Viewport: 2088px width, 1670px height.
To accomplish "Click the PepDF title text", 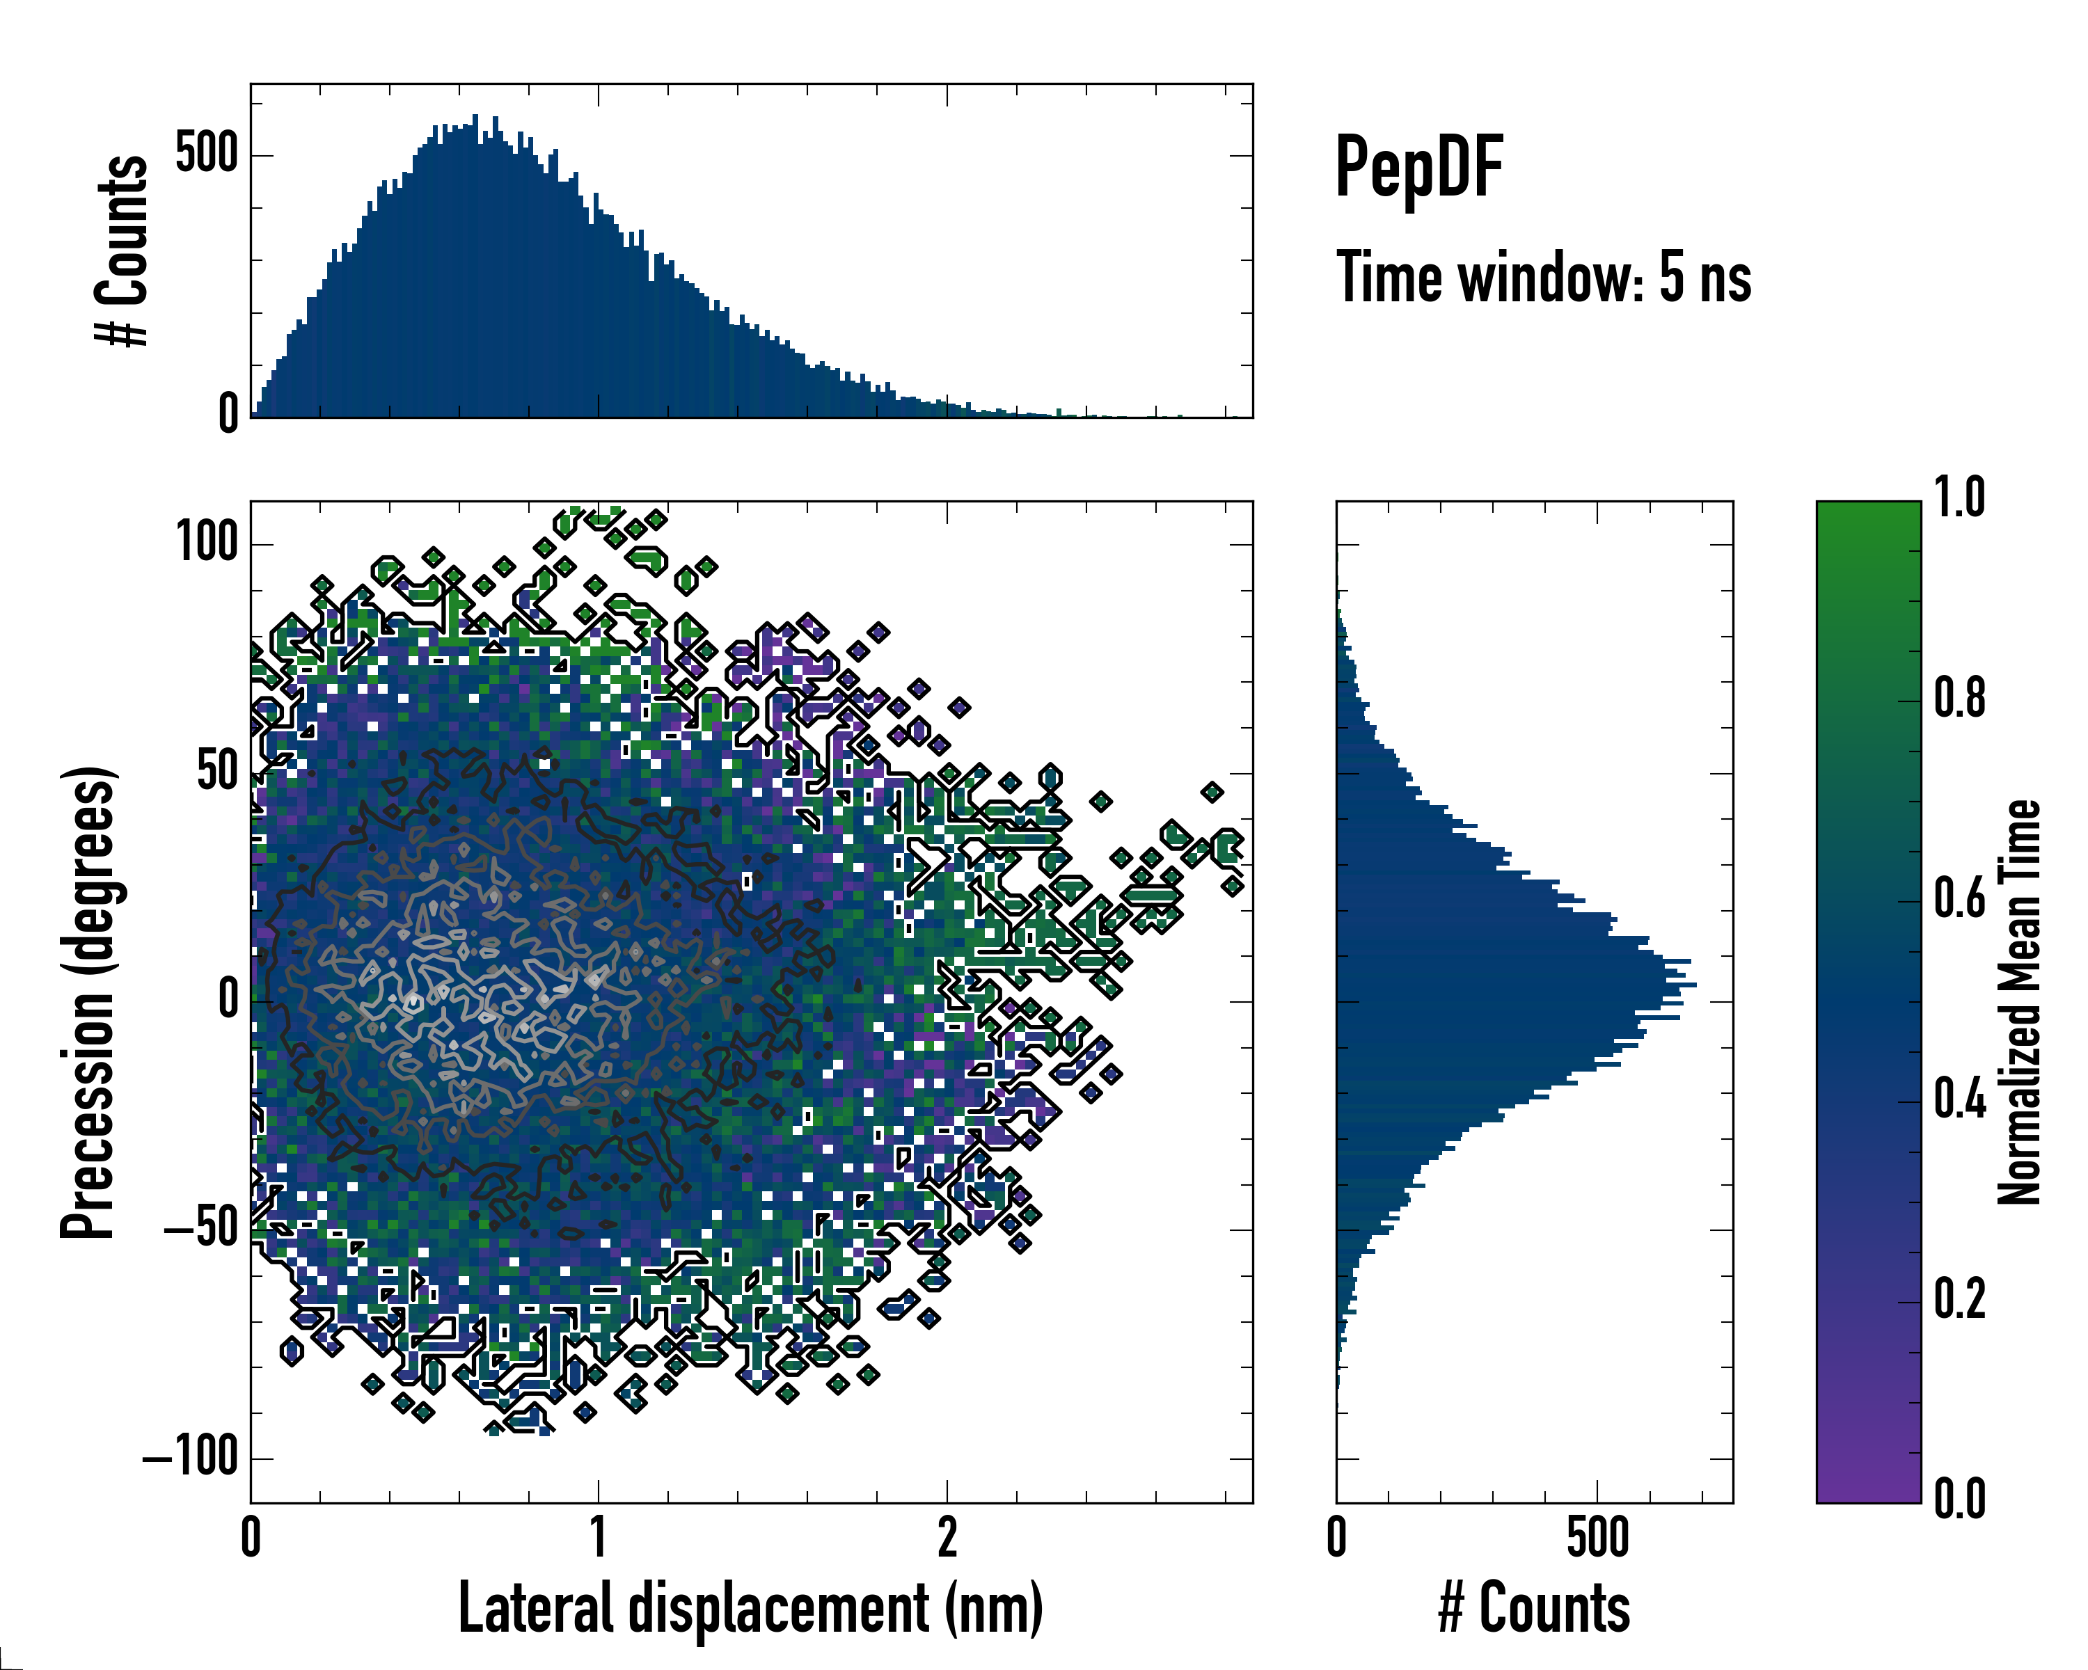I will pyautogui.click(x=1418, y=168).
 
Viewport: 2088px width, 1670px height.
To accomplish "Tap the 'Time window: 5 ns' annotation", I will pyautogui.click(x=1543, y=278).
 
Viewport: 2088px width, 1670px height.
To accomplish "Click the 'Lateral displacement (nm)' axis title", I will pyautogui.click(x=750, y=1608).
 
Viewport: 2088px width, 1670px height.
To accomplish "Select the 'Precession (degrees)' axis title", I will pyautogui.click(x=89, y=1002).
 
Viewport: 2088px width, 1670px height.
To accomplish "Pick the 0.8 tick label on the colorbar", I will pyautogui.click(x=1959, y=698).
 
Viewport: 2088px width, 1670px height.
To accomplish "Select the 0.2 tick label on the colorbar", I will pyautogui.click(x=1959, y=1299).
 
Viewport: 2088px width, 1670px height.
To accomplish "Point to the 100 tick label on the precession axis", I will pyautogui.click(x=207, y=543).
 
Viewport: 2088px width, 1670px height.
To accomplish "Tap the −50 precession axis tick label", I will pyautogui.click(x=200, y=1230).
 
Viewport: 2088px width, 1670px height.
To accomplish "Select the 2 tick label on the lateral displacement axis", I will pyautogui.click(x=947, y=1537).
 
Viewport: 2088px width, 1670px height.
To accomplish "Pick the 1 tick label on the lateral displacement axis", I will pyautogui.click(x=599, y=1537).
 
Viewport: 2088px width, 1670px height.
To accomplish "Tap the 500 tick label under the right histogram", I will pyautogui.click(x=1597, y=1537).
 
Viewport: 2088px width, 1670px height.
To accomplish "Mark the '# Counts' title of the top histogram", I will pyautogui.click(x=123, y=250).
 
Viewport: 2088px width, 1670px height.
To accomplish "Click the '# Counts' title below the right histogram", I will pyautogui.click(x=1534, y=1608).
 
